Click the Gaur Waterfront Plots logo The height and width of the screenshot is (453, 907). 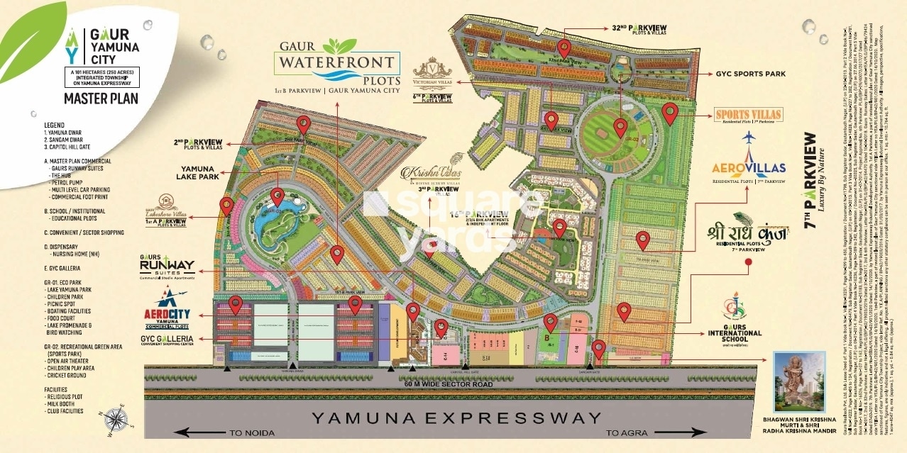tap(339, 64)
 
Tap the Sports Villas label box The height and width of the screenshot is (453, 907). tap(748, 116)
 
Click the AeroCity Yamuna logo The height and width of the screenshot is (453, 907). tap(170, 317)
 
